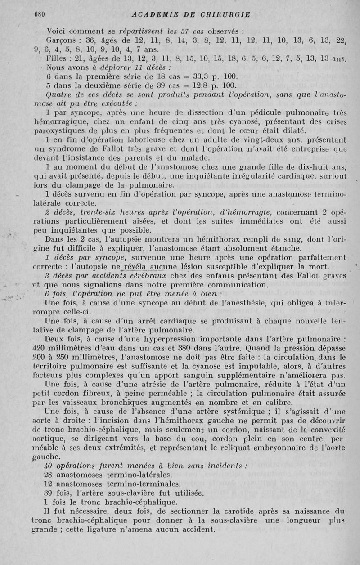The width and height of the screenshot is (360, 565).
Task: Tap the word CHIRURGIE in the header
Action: pos(222,14)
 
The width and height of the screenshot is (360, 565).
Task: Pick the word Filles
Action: pos(58,58)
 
